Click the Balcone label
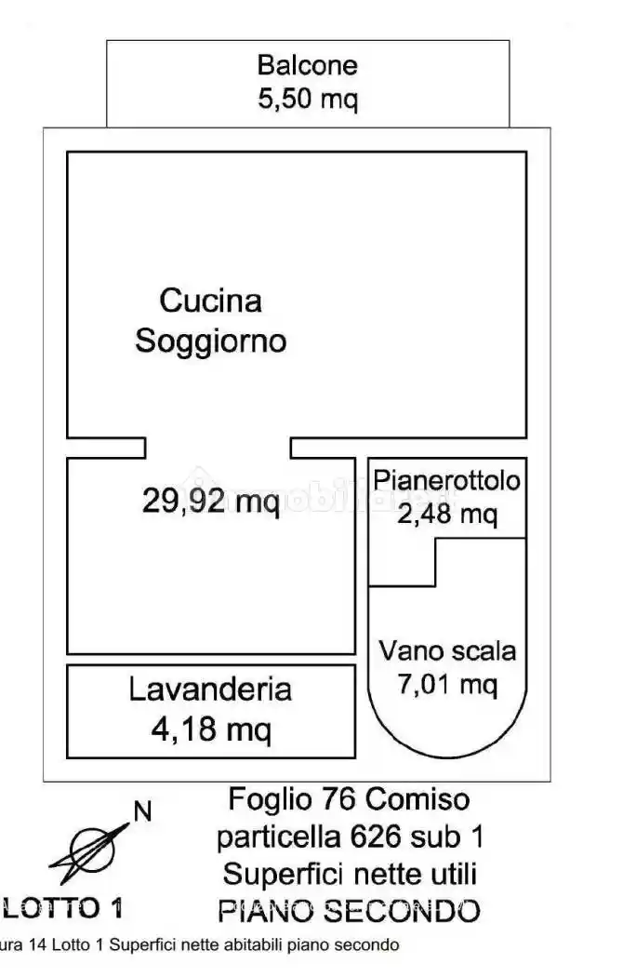point(307,65)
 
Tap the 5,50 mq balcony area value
point(307,99)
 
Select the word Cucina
point(211,301)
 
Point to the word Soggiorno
point(211,341)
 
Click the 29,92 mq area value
point(211,502)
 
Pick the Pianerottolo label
point(447,481)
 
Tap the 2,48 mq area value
point(447,513)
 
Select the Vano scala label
point(447,651)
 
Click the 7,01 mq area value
point(447,685)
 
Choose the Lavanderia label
point(210,689)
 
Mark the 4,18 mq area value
point(210,729)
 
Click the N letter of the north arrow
point(142,811)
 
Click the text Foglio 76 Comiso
point(350,798)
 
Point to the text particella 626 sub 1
point(350,836)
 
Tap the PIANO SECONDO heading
point(350,909)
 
